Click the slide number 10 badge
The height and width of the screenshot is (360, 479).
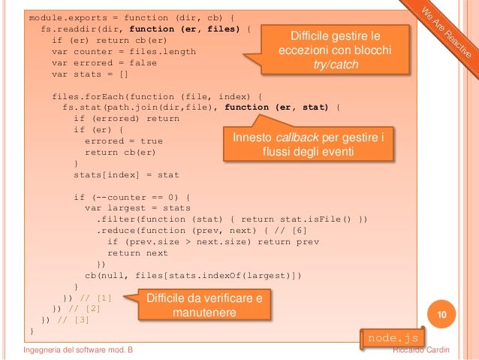441,313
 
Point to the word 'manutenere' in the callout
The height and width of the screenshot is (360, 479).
205,312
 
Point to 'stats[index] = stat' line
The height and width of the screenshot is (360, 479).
126,174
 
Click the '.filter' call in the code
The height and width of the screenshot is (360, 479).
117,219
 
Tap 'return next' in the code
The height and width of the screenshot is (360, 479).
138,253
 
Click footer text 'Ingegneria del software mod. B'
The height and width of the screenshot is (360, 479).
80,350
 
